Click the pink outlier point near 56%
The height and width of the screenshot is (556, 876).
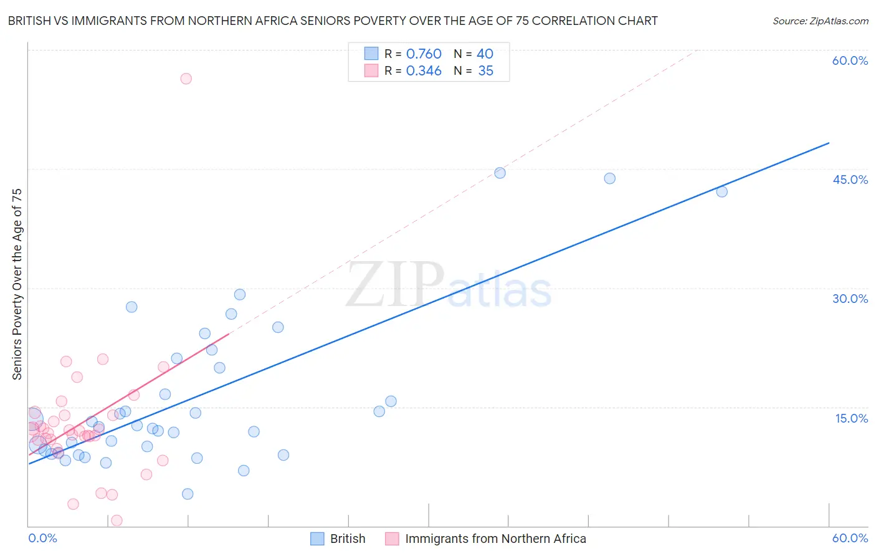(186, 79)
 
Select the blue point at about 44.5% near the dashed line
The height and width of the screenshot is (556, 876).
(500, 173)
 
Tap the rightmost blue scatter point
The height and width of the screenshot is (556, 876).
(721, 192)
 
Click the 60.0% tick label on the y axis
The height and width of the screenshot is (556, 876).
(850, 60)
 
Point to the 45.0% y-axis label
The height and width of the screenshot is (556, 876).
(850, 180)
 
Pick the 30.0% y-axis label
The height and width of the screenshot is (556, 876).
(850, 299)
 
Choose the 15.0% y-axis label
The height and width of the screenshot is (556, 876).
(851, 418)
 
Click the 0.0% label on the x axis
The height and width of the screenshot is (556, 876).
(42, 539)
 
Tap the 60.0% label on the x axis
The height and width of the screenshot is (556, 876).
(850, 539)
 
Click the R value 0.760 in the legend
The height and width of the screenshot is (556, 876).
(424, 54)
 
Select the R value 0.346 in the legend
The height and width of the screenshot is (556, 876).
(424, 71)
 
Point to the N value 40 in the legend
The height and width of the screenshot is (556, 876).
(485, 54)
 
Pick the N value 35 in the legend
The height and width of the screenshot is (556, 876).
(485, 71)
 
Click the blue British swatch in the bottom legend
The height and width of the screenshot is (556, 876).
(317, 539)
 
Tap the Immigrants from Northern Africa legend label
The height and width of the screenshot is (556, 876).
(495, 539)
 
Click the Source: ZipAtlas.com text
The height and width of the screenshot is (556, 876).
(820, 21)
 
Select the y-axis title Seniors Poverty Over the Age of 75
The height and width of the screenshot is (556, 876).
(17, 284)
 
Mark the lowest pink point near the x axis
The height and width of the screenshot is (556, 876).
(117, 520)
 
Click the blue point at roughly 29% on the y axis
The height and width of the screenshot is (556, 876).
(240, 295)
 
